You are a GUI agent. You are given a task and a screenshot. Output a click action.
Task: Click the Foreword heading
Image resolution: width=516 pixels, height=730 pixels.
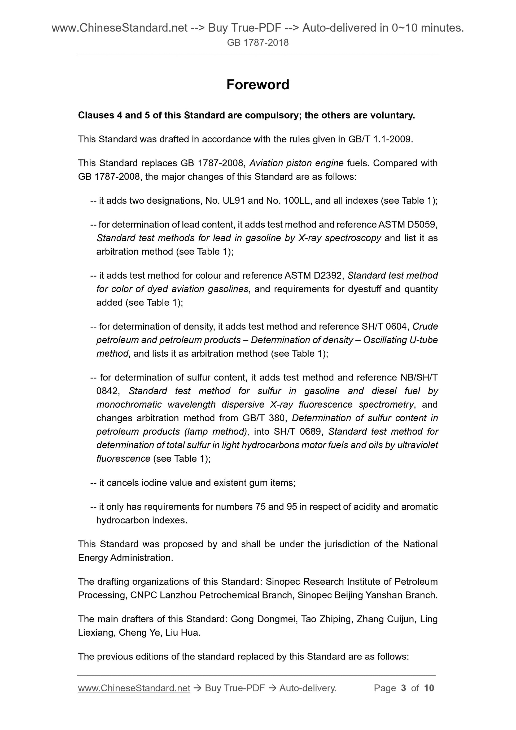[257, 85]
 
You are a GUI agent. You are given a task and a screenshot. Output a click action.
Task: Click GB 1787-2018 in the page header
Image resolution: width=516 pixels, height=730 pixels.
[257, 43]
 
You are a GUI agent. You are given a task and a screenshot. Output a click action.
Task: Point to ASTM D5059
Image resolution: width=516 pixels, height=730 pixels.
[407, 225]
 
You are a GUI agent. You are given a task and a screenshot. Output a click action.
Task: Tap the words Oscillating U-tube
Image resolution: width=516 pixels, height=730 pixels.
[400, 340]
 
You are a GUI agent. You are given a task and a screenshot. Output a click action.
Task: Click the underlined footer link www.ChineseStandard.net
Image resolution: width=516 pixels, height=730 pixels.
[134, 688]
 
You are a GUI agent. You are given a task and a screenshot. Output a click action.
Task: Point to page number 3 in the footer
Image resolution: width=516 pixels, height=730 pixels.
[404, 688]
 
